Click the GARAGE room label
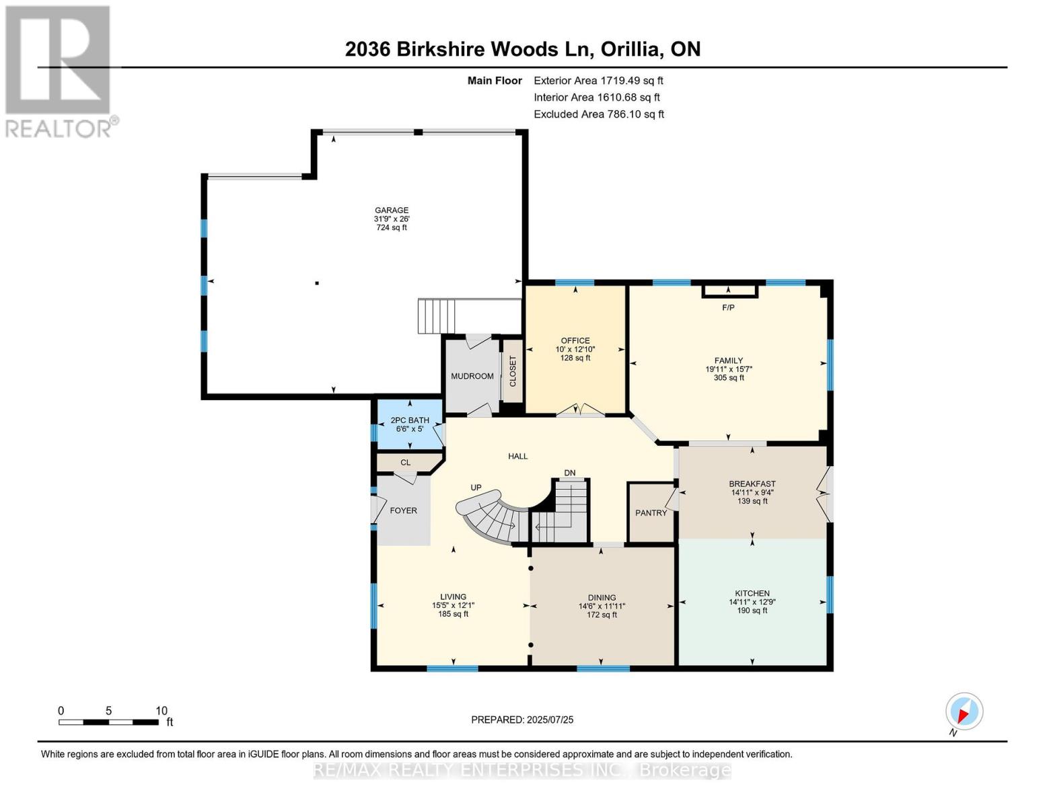[392, 210]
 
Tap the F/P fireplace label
[728, 307]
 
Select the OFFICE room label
[575, 340]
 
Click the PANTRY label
[651, 513]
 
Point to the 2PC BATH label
[410, 420]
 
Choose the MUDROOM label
[472, 376]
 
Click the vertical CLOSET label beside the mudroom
[513, 371]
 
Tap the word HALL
[517, 456]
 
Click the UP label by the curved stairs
[476, 487]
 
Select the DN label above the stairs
[570, 473]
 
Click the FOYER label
[403, 510]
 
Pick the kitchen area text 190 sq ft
[752, 611]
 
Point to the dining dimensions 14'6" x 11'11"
[602, 606]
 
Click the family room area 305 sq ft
[729, 378]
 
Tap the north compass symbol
[964, 712]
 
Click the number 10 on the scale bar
[161, 711]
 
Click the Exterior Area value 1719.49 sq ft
[632, 80]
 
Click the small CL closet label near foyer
[405, 463]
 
